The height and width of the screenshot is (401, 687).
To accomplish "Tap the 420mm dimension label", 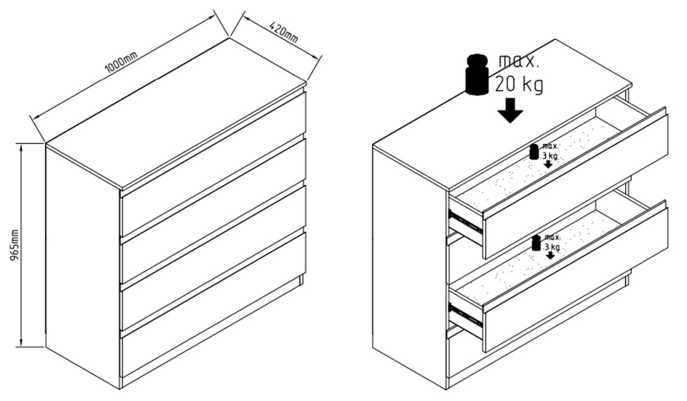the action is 284,32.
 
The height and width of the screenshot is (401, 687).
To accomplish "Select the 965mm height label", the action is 14,245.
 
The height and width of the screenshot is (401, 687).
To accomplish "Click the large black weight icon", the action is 477,74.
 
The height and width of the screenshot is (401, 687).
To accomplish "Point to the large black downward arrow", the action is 510,111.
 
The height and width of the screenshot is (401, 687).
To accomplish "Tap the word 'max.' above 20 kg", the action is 518,61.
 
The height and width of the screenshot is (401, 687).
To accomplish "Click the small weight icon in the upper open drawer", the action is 534,152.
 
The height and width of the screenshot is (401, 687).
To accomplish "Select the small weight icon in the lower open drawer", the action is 536,243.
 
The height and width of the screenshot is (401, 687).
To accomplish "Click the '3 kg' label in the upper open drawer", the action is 550,156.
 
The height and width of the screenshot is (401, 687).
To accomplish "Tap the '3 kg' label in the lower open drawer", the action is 552,247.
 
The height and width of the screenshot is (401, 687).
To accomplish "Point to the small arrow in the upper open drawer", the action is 548,164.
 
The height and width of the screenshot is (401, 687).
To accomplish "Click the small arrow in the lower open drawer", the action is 550,255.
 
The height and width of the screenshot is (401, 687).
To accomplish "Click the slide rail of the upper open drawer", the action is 465,222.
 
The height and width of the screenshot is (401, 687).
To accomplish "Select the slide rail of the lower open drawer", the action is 465,315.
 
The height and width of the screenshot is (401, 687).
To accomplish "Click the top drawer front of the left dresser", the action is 214,164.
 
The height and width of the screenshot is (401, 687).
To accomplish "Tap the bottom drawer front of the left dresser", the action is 214,304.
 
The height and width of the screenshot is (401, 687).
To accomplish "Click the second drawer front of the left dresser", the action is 214,211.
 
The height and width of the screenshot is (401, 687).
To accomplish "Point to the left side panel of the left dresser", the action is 83,267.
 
